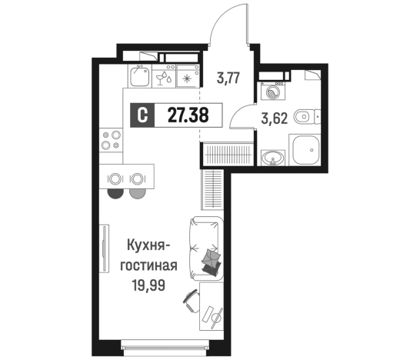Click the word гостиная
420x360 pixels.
[149, 266]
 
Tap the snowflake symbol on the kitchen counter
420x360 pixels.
[186, 78]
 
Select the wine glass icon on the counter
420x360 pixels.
[165, 78]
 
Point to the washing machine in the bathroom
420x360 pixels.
[272, 90]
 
